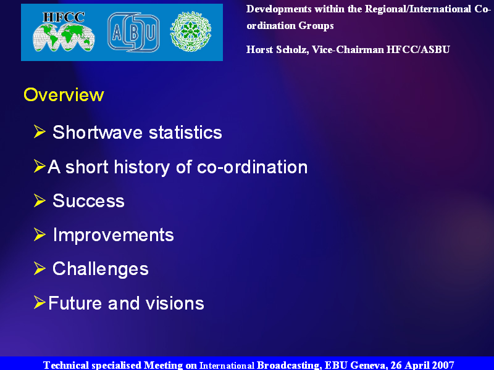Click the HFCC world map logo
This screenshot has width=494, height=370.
64,31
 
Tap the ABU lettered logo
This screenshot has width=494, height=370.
133,32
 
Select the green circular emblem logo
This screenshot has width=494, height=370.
191,31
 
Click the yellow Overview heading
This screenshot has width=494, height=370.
64,95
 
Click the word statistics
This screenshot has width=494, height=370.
185,132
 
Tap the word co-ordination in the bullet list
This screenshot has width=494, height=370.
252,166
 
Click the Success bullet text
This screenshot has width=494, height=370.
88,201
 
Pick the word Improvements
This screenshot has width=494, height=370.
114,235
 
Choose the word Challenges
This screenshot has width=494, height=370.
101,269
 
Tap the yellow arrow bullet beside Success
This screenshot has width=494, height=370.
40,200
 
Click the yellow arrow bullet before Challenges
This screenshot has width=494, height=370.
40,268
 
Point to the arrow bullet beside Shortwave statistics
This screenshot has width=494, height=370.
40,131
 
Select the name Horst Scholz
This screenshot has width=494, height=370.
277,50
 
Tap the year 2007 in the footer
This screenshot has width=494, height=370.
443,365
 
